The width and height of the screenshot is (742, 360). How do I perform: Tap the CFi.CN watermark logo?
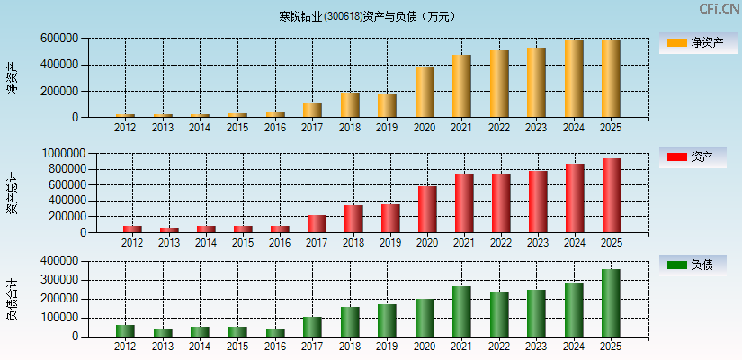click(x=719, y=9)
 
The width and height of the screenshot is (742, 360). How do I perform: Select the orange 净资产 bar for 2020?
click(x=425, y=92)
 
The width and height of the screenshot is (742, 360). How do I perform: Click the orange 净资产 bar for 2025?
click(x=611, y=79)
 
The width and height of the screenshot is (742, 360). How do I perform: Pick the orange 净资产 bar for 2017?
click(x=312, y=110)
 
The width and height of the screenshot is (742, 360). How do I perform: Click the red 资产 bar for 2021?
click(x=464, y=203)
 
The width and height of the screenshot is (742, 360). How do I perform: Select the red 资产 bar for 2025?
click(x=612, y=195)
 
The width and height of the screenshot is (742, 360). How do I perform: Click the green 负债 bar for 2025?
click(x=611, y=302)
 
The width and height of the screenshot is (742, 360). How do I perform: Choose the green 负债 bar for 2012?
click(x=125, y=330)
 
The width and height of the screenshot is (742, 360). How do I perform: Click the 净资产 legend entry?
click(x=693, y=42)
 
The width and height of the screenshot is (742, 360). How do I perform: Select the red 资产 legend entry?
click(x=693, y=157)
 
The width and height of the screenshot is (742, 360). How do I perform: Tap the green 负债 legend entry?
click(x=693, y=265)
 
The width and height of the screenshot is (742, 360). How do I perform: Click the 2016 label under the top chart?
click(x=275, y=128)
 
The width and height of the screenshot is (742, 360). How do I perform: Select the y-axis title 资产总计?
click(x=12, y=193)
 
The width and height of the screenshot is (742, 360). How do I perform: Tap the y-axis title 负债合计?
click(x=12, y=299)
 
